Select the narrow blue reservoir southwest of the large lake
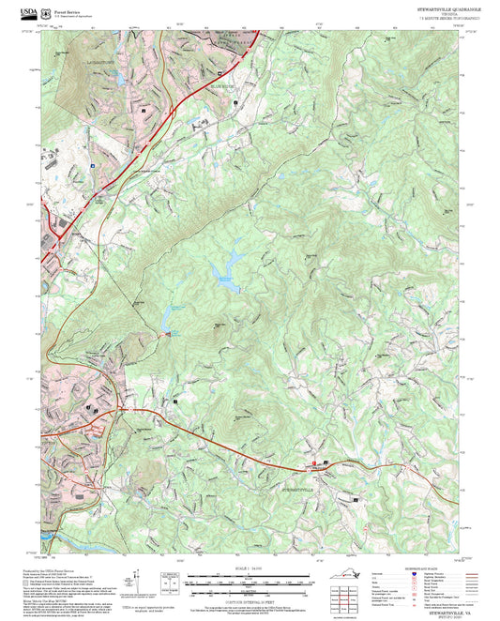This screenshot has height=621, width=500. pos(172,318)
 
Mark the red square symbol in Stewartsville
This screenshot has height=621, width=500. pos(314,464)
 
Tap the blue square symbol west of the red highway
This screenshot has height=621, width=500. pos(92,164)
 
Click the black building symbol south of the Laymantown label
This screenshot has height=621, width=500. pos(144,110)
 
